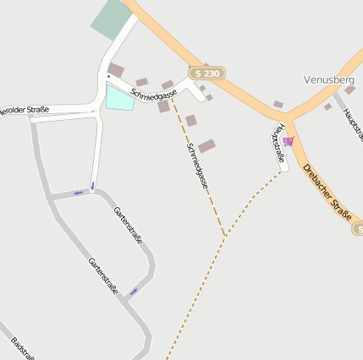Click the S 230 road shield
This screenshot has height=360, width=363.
point(212,74)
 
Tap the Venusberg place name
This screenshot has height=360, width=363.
point(328,79)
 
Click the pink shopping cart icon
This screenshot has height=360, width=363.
point(288,141)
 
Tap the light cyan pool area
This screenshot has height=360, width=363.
point(119,98)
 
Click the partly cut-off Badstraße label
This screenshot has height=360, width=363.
point(22,348)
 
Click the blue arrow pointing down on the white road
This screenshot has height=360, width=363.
point(92,185)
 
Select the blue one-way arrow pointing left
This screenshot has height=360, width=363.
point(79,194)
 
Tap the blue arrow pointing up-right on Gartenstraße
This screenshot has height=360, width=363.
point(133,292)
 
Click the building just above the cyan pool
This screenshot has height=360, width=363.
point(115,70)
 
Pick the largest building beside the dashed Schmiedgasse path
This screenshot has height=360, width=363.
point(206,146)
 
